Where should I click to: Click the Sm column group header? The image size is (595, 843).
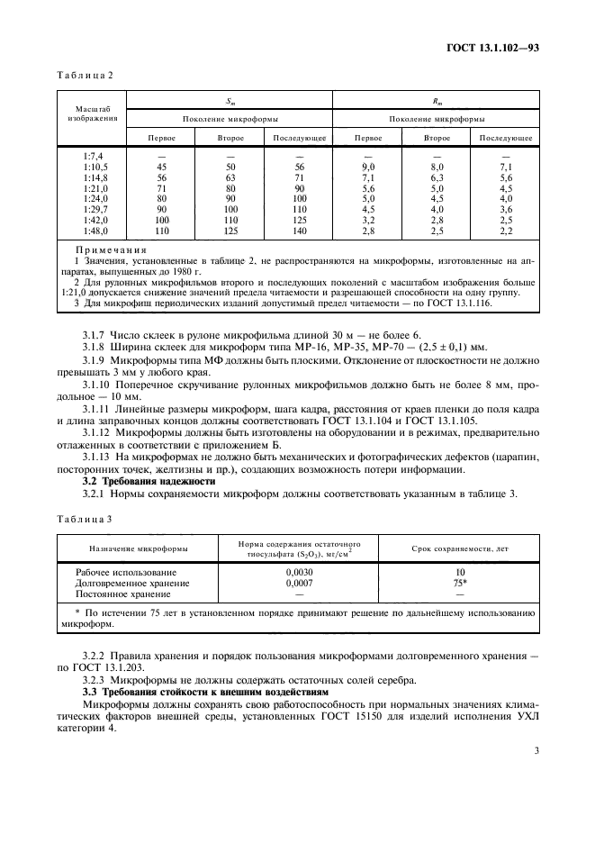[229, 101]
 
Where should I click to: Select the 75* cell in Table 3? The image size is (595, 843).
[459, 583]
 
